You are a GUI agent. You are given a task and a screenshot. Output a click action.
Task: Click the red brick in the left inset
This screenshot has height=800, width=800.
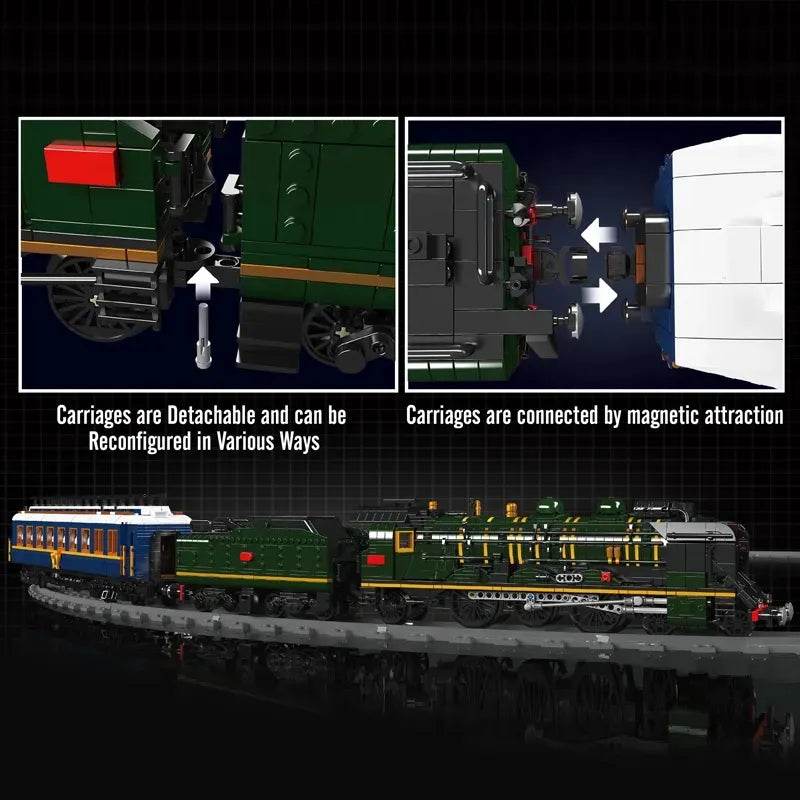(x=82, y=162)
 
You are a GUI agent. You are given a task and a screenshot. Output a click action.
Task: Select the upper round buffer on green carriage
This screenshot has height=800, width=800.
(x=574, y=207)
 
